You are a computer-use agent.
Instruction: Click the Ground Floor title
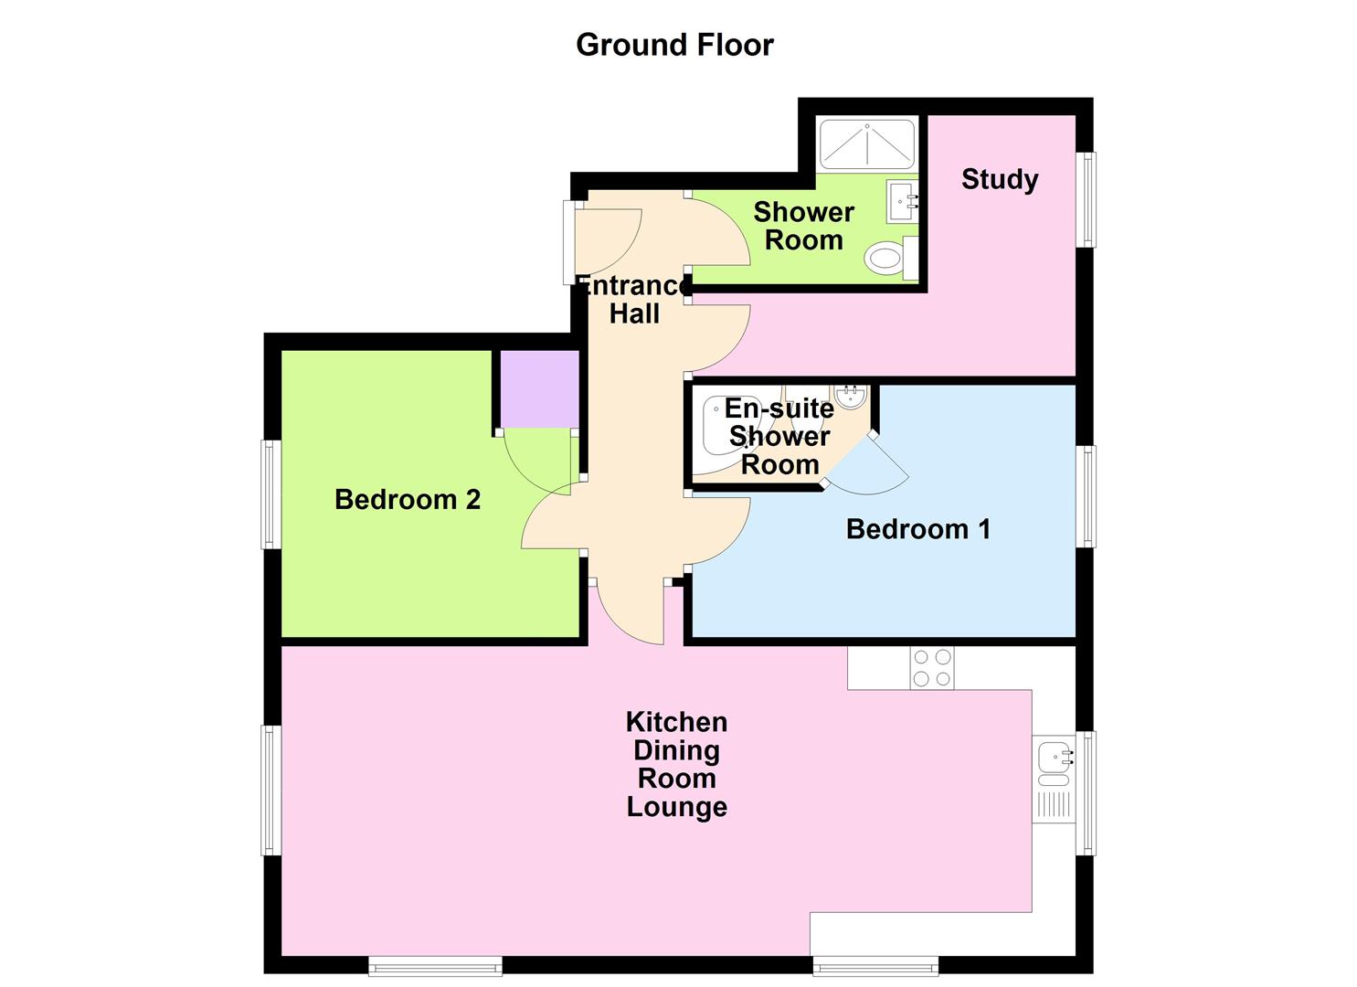[674, 45]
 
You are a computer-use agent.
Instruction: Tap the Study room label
[999, 179]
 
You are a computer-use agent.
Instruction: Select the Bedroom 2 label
[407, 500]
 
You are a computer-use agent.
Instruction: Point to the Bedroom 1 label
[917, 529]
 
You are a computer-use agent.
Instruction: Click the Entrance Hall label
[634, 300]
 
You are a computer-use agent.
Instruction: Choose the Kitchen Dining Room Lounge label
[676, 764]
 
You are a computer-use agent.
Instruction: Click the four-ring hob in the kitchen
[931, 668]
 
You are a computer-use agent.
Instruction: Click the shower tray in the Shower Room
[865, 143]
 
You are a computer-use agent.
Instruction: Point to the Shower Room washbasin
[901, 200]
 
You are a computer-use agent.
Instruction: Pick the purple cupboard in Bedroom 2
[538, 388]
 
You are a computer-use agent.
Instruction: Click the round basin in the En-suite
[849, 397]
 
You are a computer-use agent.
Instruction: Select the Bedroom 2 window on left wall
[271, 494]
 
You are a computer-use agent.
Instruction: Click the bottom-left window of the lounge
[435, 964]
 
